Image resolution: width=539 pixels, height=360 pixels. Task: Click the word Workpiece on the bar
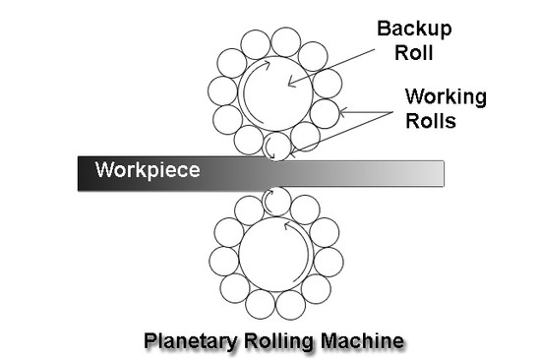(148, 169)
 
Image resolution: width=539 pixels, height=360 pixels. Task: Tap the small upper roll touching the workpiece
(277, 147)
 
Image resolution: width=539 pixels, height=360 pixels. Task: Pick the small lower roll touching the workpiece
(276, 200)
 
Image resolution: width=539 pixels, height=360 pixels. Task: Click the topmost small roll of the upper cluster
(285, 40)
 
